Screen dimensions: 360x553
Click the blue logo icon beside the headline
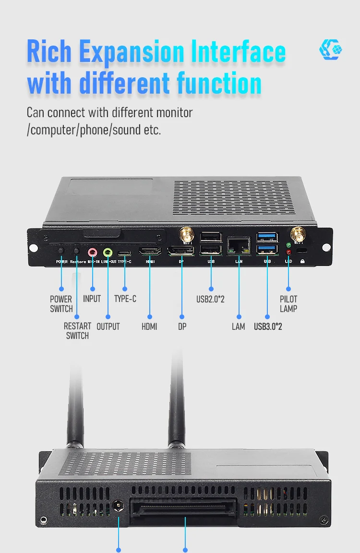(331, 50)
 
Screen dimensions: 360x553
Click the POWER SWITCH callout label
(61, 304)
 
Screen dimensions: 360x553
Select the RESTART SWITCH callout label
(77, 331)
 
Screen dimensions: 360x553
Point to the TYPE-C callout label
(125, 299)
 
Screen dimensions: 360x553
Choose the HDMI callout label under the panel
(149, 326)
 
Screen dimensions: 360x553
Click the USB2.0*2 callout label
(210, 299)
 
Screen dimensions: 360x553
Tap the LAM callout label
(239, 326)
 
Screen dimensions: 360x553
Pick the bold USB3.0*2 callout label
(268, 326)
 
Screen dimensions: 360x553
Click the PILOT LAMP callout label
(288, 304)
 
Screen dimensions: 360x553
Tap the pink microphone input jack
(93, 251)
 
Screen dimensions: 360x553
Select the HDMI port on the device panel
(150, 251)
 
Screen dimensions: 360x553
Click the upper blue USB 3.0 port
(267, 237)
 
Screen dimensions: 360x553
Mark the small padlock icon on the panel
(302, 262)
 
